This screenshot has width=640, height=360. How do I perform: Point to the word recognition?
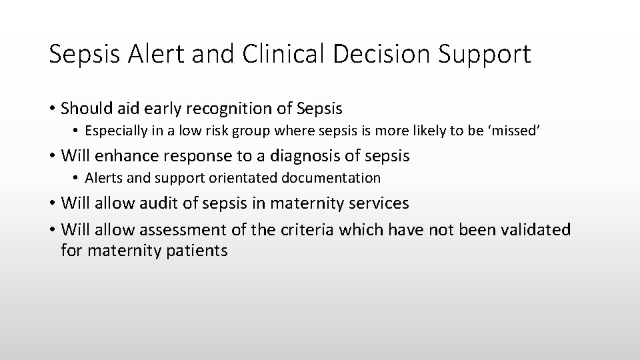(241, 108)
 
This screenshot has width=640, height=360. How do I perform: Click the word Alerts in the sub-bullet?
(101, 178)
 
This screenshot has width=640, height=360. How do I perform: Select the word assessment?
(180, 230)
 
